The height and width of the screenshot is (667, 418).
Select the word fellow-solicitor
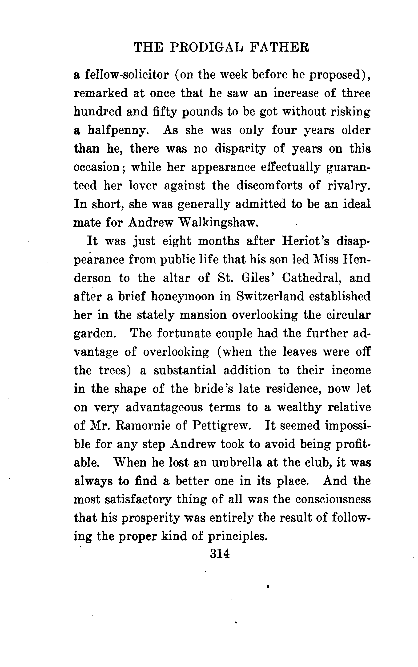tap(127, 75)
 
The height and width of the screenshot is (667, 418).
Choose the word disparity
tap(240, 149)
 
